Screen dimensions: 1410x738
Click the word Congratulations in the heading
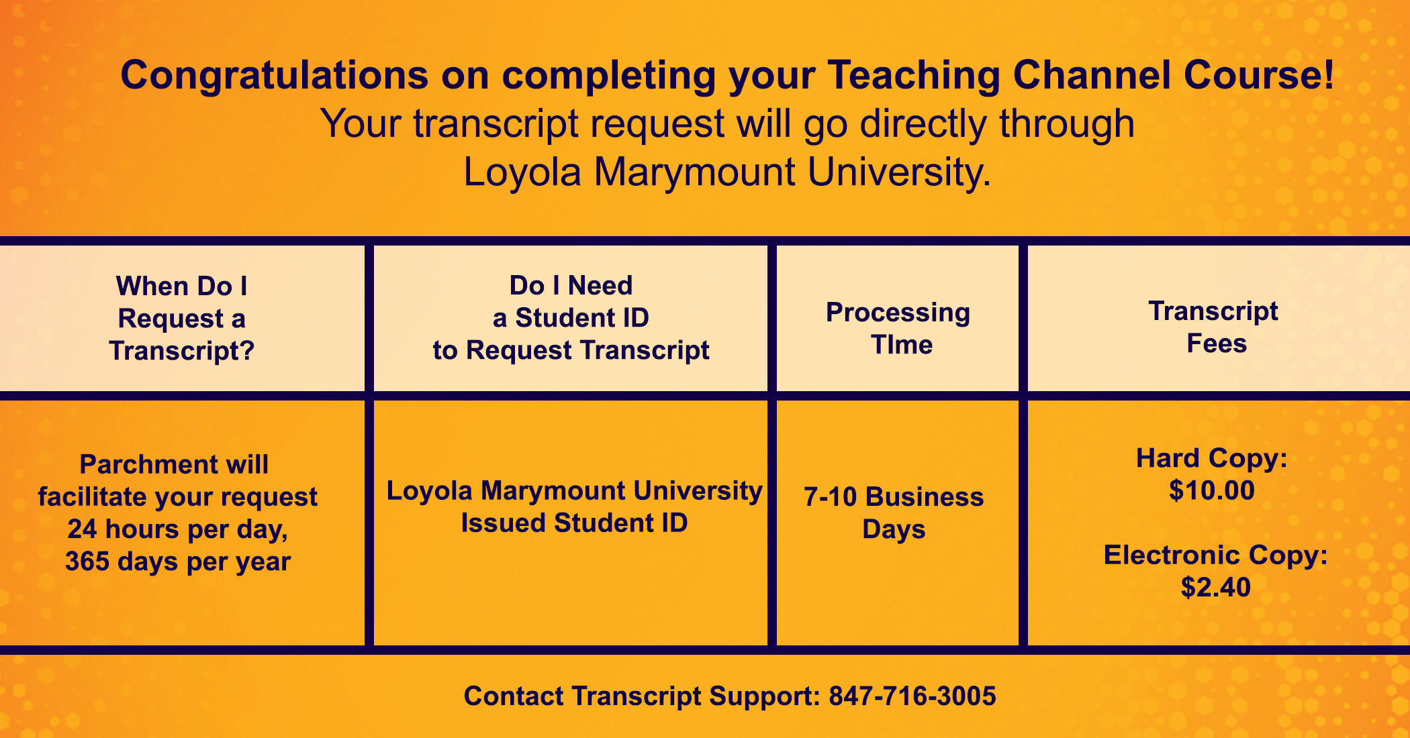coord(274,76)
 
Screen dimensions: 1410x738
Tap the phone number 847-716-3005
coord(912,696)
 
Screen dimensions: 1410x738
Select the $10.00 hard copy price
coord(1212,490)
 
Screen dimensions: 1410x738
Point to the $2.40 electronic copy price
coord(1216,587)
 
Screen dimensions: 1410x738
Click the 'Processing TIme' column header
coord(898,329)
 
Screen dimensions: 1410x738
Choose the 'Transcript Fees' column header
coord(1214,327)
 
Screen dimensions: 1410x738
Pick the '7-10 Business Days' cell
coord(894,513)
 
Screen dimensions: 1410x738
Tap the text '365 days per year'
coord(178,562)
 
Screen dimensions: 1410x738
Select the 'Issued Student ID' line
coord(574,523)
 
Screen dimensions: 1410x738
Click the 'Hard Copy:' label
coord(1212,459)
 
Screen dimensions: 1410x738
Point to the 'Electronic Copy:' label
coord(1216,556)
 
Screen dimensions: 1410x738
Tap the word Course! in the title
coord(1260,74)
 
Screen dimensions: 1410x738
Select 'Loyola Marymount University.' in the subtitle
coord(727,172)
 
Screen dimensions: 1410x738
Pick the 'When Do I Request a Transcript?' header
coord(182,319)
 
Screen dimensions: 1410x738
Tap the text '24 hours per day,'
coord(178,529)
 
